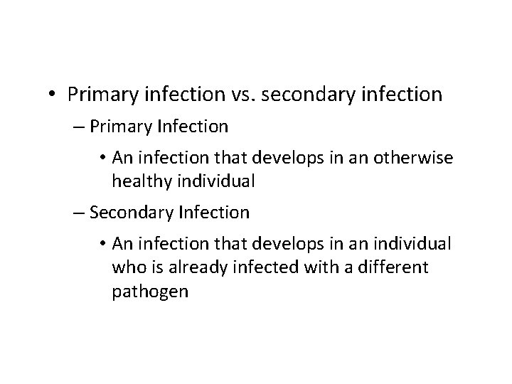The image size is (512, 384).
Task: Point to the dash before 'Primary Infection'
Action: tap(96, 127)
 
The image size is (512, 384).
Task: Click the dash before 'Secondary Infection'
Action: tap(96, 212)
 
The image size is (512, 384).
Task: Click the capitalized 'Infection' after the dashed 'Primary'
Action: tap(197, 127)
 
